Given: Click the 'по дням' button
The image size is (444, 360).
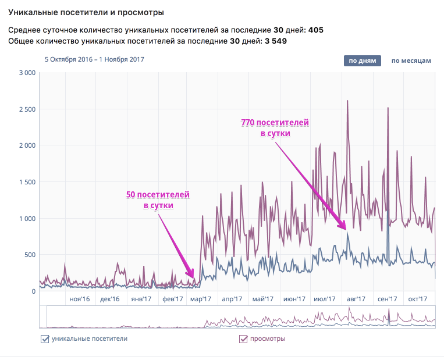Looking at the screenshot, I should click(x=362, y=60).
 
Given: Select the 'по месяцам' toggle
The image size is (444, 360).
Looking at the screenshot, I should click(x=411, y=60).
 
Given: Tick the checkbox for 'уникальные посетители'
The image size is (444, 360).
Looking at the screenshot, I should click(x=45, y=339).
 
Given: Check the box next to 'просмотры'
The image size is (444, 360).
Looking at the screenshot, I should click(x=243, y=339).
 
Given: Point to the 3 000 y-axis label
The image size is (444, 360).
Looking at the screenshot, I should click(x=27, y=73).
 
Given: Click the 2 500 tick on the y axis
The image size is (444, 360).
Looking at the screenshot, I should click(x=27, y=109).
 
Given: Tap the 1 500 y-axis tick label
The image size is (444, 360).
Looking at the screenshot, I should click(x=27, y=182).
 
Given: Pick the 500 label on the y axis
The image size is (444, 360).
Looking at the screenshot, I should click(x=31, y=255).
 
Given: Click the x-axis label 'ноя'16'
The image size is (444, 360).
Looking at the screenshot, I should click(x=80, y=299).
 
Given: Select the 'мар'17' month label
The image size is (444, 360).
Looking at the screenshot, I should click(x=201, y=299).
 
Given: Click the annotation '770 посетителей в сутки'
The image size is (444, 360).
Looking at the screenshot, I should click(x=275, y=128).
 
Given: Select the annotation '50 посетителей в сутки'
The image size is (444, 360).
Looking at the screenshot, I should click(x=158, y=200).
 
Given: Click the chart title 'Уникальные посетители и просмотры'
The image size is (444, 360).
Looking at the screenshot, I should click(x=86, y=12).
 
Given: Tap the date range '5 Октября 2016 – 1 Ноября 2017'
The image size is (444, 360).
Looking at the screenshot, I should click(x=94, y=59).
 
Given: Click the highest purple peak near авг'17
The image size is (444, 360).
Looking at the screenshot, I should click(x=347, y=101).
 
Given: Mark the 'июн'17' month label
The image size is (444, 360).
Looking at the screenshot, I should click(x=294, y=299).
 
